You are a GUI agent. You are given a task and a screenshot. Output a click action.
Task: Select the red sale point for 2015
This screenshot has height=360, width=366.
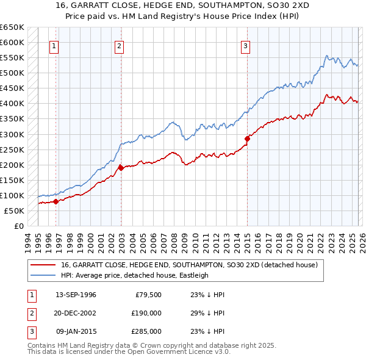pos(247,139)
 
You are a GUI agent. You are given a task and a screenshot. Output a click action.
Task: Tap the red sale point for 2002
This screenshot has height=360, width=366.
pos(121,167)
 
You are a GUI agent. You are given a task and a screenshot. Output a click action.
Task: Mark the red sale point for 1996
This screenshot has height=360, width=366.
pos(56,201)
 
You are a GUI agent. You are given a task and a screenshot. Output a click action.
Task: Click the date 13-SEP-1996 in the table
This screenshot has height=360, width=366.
pos(76,295)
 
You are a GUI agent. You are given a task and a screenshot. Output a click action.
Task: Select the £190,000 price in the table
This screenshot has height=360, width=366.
pos(146,313)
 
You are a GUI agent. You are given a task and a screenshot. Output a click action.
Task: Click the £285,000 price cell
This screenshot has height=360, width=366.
pos(146,331)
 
